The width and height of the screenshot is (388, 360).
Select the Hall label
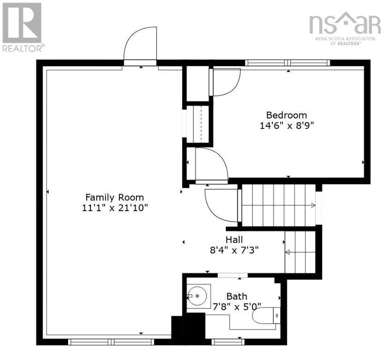[x=234, y=240]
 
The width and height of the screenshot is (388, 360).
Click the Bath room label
[x=236, y=296]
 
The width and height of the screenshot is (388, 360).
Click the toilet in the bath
[x=270, y=316]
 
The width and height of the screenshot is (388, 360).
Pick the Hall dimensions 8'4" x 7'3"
[x=234, y=250]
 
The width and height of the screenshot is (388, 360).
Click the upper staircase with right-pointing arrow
[x=278, y=205]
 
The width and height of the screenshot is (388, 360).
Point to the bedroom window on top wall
[x=286, y=63]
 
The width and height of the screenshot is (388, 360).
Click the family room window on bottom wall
[x=111, y=342]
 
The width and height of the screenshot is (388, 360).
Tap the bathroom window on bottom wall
[x=228, y=342]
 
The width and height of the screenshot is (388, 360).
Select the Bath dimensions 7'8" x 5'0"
[x=236, y=306]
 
